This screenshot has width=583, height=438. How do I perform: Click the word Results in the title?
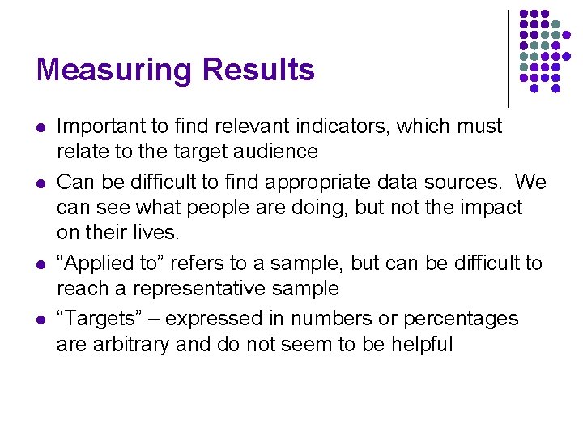click(259, 71)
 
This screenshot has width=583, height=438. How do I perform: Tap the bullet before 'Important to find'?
click(40, 127)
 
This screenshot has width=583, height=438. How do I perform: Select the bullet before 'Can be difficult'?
click(40, 182)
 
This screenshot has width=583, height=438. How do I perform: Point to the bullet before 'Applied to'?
click(40, 265)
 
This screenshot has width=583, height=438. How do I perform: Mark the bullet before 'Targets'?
click(40, 320)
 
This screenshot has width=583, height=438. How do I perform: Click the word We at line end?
click(530, 182)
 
